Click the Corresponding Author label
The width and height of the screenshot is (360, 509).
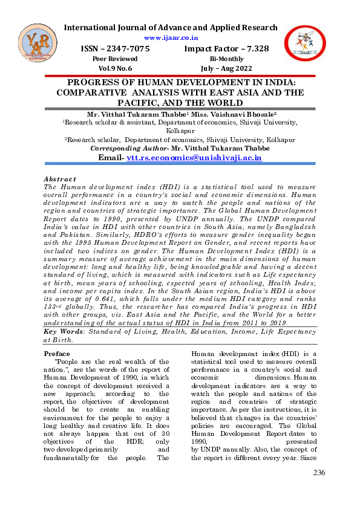pos(126,148)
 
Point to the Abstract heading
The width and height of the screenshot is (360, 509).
pos(60,179)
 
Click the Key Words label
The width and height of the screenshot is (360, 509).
pos(63,331)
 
